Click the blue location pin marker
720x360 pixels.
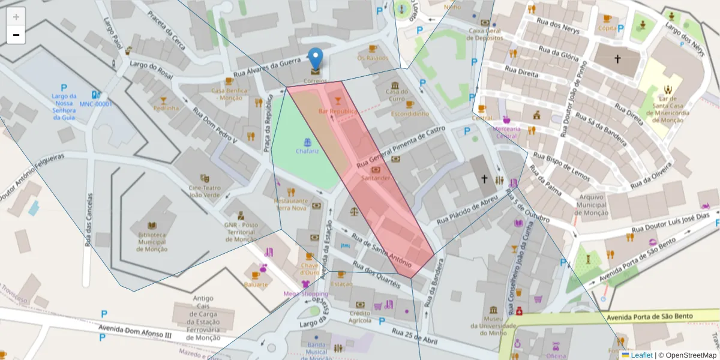[316, 60]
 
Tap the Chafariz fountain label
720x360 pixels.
[307, 151]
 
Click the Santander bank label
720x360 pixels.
[376, 178]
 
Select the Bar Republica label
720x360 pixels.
[337, 111]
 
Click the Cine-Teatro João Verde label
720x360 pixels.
[205, 191]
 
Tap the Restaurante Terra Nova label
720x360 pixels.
[291, 204]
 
